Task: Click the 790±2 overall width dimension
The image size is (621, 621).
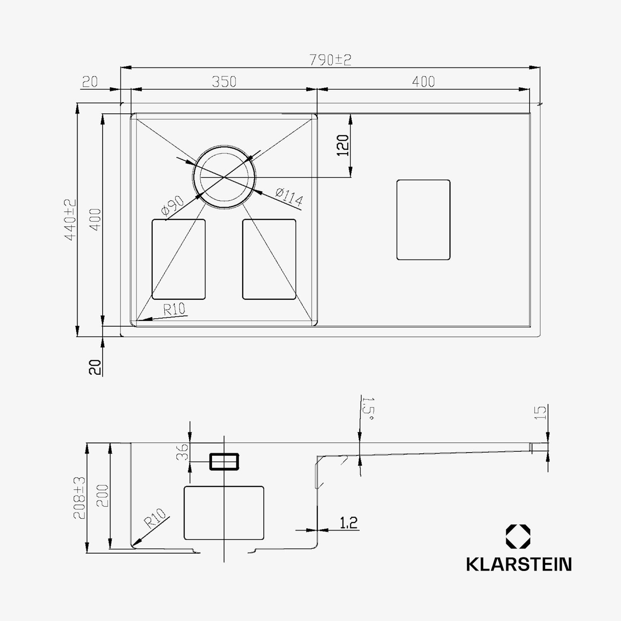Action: click(330, 60)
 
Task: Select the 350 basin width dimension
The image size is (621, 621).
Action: click(224, 82)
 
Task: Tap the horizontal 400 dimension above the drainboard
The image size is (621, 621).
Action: click(423, 82)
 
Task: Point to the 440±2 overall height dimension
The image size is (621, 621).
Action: click(70, 219)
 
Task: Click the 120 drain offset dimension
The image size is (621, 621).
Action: click(343, 145)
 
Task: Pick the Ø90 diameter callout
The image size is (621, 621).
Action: click(173, 206)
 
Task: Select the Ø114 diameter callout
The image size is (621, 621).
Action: click(289, 197)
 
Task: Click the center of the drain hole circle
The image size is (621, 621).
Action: click(224, 177)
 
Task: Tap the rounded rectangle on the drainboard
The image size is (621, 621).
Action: click(423, 220)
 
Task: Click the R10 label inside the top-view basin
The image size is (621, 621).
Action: click(174, 309)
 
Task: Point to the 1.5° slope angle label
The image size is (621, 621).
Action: click(368, 409)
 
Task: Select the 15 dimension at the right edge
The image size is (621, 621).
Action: click(540, 413)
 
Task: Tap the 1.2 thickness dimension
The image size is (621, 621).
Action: click(348, 523)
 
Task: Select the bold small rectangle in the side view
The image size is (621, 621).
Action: click(224, 461)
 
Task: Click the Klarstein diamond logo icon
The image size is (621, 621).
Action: click(518, 537)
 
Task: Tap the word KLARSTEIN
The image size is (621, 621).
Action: click(519, 564)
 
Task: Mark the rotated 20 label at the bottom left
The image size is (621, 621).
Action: click(95, 367)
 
